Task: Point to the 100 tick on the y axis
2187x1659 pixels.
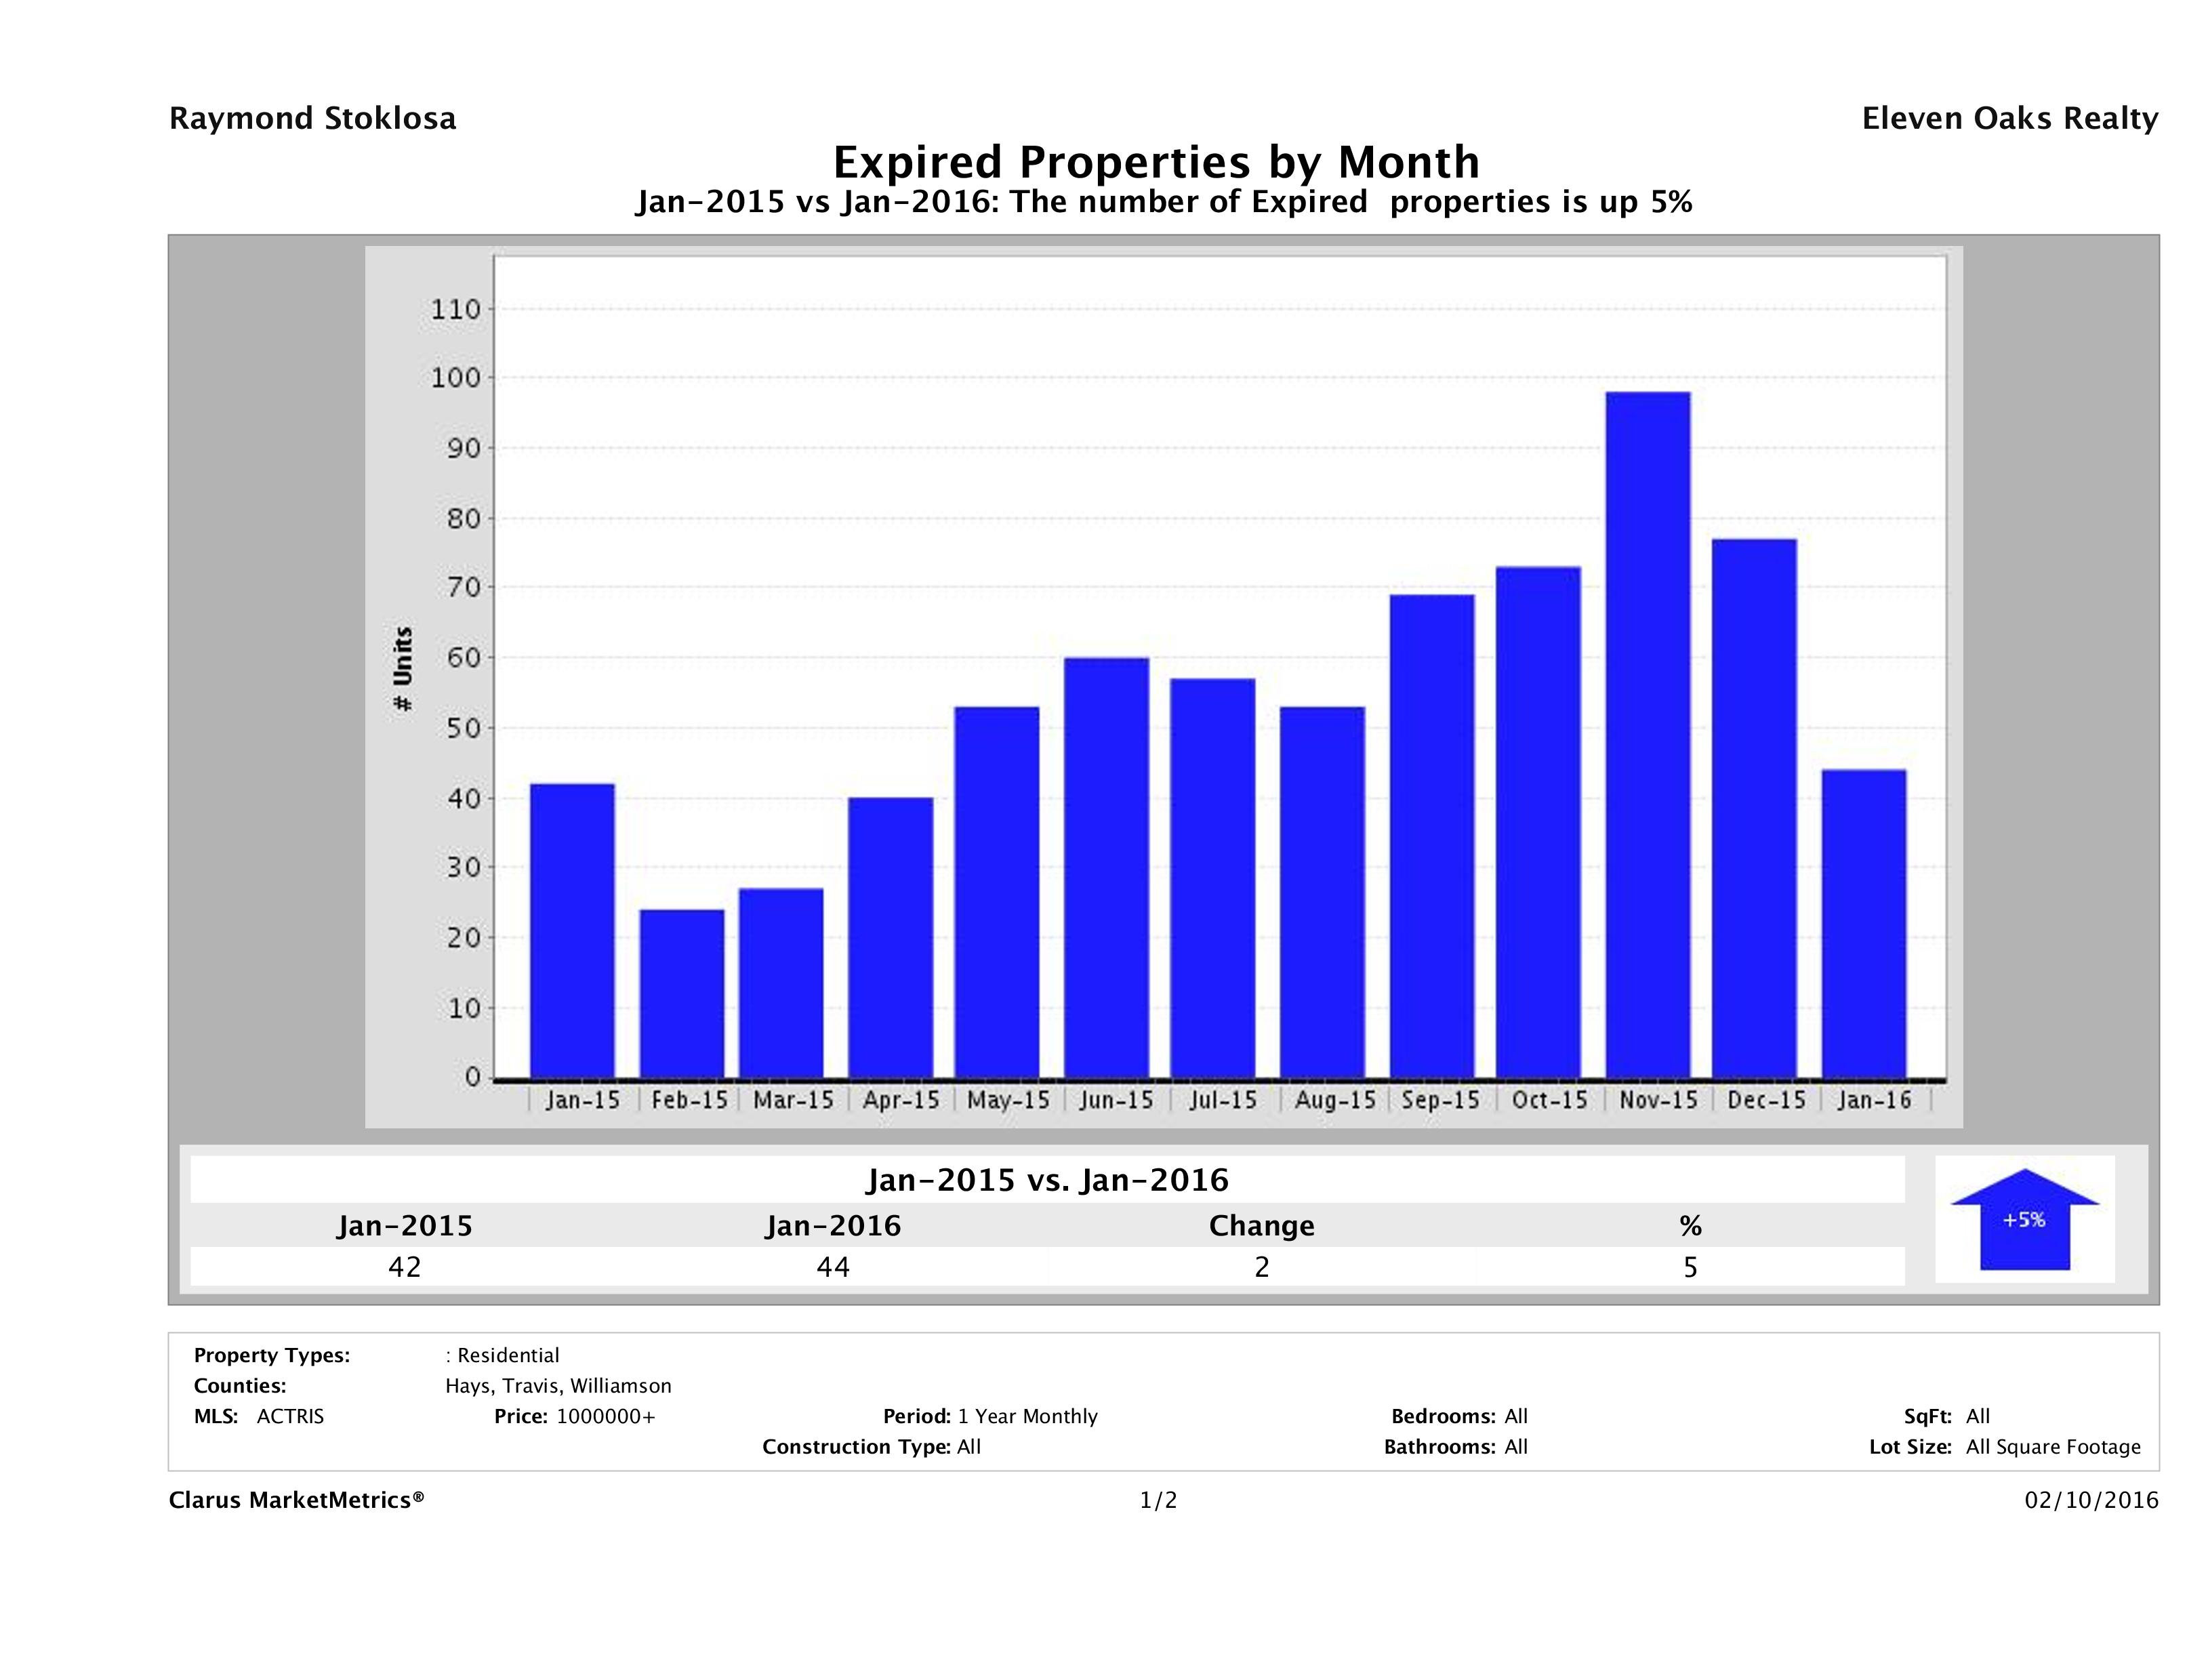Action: click(456, 377)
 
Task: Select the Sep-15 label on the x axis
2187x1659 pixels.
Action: click(1441, 1101)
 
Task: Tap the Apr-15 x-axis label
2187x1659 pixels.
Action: click(900, 1101)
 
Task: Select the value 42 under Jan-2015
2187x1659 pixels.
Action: click(405, 1267)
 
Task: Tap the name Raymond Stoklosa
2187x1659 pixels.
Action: click(312, 119)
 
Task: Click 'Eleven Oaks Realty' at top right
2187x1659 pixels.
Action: click(2009, 119)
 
